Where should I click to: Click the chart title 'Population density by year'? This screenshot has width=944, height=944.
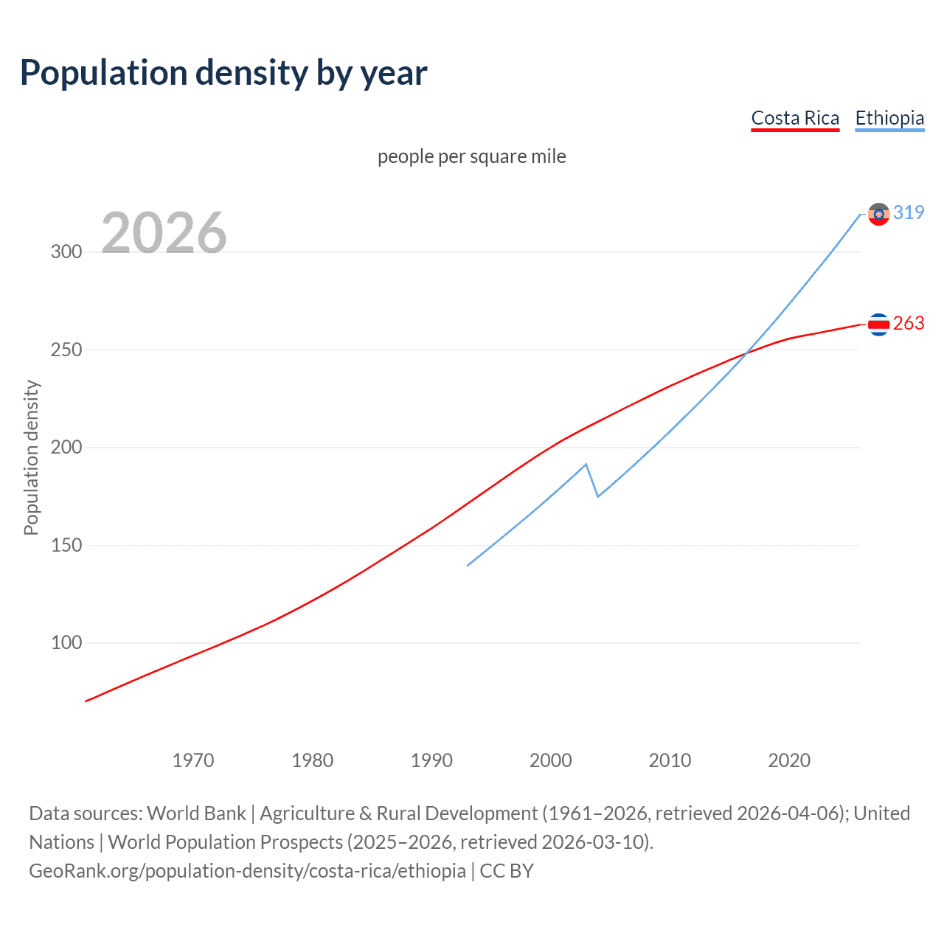(x=223, y=73)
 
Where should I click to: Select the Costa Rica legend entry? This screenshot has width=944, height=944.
(x=795, y=118)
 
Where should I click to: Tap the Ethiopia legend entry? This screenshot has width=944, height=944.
(x=889, y=118)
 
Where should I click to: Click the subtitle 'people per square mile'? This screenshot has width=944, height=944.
(x=471, y=156)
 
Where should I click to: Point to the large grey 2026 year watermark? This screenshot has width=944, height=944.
(x=164, y=233)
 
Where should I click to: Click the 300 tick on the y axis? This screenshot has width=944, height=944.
(x=66, y=251)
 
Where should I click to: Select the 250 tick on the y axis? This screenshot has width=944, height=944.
(x=66, y=350)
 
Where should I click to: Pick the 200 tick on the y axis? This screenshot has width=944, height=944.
(x=66, y=448)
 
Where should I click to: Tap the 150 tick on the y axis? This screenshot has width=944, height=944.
(x=66, y=546)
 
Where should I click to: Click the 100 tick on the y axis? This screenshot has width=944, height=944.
(x=66, y=643)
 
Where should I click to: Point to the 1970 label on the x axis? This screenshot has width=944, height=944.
(x=193, y=760)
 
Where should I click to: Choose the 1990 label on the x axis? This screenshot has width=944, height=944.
(x=431, y=760)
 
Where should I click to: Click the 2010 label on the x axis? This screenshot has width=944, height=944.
(x=670, y=760)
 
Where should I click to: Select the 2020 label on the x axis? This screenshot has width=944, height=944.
(x=789, y=760)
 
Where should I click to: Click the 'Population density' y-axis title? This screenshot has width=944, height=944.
(x=31, y=457)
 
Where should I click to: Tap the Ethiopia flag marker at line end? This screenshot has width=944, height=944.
(x=878, y=214)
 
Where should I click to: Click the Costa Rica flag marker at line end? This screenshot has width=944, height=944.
(x=878, y=324)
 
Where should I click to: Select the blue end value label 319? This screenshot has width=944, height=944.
(x=909, y=212)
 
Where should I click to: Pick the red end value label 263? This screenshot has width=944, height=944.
(x=909, y=324)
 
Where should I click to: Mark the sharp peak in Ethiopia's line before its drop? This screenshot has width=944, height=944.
(x=586, y=465)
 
